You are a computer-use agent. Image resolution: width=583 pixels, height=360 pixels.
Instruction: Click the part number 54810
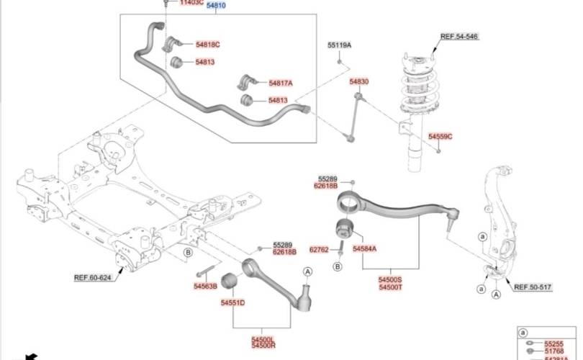click(216, 5)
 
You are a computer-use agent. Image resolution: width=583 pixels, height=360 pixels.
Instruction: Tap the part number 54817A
click(281, 84)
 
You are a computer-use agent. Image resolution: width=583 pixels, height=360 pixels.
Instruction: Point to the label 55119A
click(339, 45)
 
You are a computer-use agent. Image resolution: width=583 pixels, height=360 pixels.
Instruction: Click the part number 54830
click(359, 82)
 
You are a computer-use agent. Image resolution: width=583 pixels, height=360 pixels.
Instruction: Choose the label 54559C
click(440, 136)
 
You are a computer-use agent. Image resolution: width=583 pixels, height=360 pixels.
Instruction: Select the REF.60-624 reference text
click(93, 277)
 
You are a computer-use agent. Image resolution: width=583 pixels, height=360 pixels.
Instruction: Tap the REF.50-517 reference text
click(532, 287)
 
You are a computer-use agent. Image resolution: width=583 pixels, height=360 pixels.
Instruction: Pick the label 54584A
click(364, 248)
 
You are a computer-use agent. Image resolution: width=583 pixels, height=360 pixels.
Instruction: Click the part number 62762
click(319, 250)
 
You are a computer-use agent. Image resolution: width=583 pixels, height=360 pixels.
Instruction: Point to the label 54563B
click(204, 286)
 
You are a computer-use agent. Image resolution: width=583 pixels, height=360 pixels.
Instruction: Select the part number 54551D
click(233, 303)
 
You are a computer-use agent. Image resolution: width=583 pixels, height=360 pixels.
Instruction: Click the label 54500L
click(263, 339)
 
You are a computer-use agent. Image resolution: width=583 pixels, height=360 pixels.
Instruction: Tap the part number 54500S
click(390, 279)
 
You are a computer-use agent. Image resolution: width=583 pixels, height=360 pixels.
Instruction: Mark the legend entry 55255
click(555, 345)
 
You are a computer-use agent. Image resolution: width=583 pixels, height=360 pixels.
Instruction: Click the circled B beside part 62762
click(337, 266)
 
